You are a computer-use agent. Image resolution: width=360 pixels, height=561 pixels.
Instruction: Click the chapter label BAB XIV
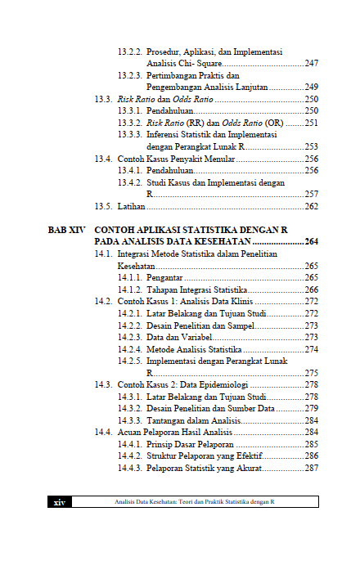[x=65, y=231]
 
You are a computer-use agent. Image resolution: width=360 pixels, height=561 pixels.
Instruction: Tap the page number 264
[x=311, y=242]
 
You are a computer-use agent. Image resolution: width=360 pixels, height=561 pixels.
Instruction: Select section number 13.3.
[x=103, y=98]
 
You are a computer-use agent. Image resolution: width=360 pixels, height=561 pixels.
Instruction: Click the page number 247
[x=311, y=63]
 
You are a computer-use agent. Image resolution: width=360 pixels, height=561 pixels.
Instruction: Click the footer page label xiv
[x=59, y=501]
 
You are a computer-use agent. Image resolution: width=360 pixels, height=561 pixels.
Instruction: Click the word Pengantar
[x=165, y=277]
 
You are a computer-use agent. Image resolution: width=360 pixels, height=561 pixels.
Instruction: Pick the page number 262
[x=311, y=206]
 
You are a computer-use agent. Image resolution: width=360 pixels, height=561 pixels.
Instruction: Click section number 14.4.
[x=103, y=432]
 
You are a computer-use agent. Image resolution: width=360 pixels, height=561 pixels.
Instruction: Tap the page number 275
[x=311, y=372]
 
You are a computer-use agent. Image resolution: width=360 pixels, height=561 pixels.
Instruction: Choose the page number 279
[x=311, y=408]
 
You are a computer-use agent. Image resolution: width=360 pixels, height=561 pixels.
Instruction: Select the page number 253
[x=311, y=146]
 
